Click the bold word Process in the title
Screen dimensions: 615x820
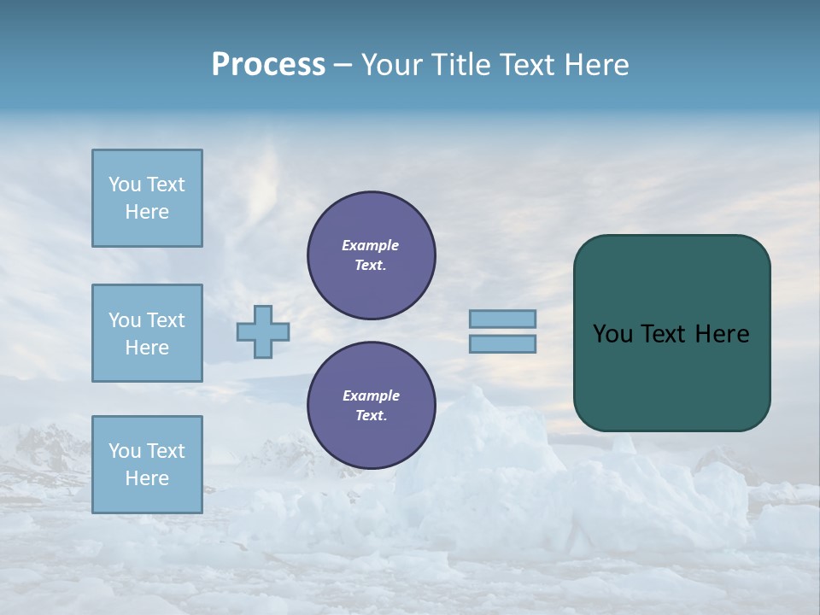click(x=268, y=65)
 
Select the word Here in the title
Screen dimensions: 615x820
click(x=595, y=65)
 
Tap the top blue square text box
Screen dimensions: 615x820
click(x=147, y=198)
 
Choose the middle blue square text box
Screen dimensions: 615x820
click(x=147, y=333)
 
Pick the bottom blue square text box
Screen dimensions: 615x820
click(x=147, y=465)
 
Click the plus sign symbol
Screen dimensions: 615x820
click(x=263, y=331)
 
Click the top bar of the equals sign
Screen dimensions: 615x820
click(x=503, y=319)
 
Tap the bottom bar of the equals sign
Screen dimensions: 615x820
click(x=503, y=344)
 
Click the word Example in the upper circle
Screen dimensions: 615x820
click(x=371, y=245)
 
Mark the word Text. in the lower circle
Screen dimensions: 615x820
click(x=371, y=415)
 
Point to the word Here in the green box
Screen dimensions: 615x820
click(x=722, y=334)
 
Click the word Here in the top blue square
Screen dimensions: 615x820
click(x=147, y=212)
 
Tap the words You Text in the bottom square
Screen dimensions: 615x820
click(x=147, y=451)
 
